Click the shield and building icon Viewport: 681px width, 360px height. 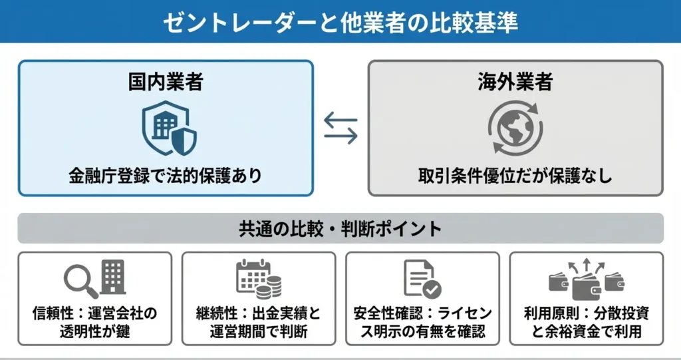[170, 128]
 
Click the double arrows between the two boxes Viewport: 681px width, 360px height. [340, 126]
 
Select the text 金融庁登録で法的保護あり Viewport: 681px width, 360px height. [165, 176]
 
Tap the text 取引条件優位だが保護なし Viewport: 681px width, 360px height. [515, 176]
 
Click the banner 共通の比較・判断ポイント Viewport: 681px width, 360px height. [340, 228]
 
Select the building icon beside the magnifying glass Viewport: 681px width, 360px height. [113, 275]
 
